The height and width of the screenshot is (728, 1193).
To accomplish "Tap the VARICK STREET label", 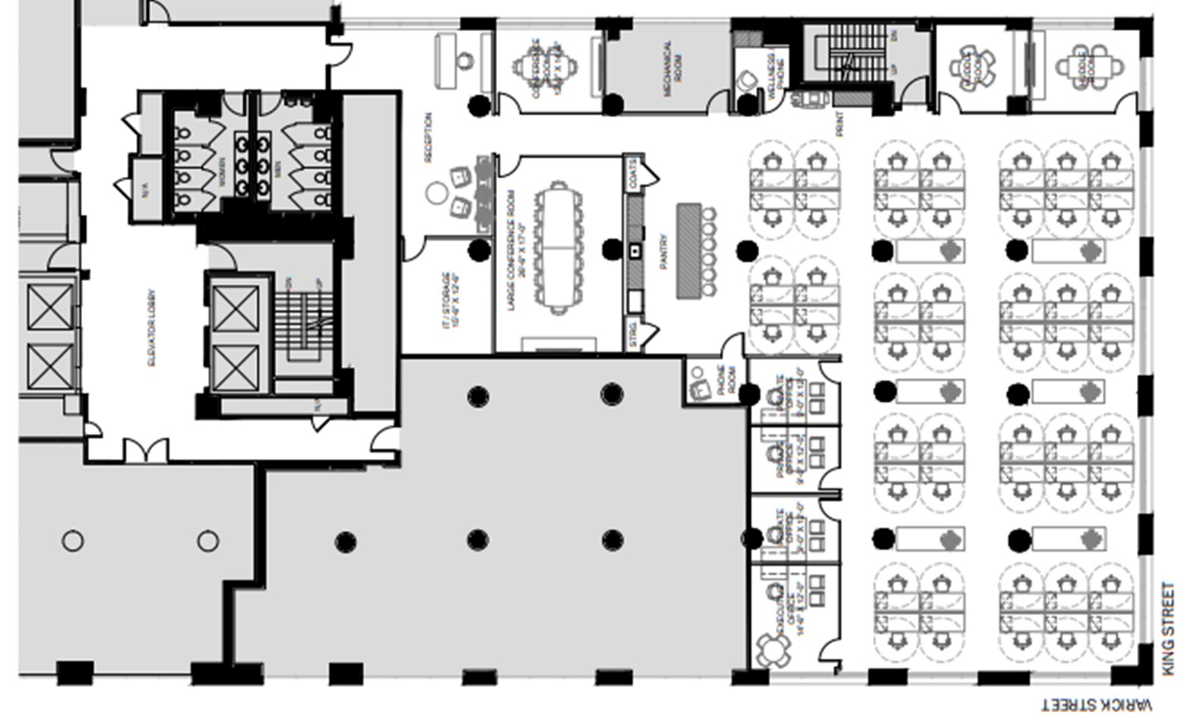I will pos(1096,705).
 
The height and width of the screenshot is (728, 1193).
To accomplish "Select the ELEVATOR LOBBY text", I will pos(151,328).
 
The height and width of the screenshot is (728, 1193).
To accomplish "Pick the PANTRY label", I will pos(664,251).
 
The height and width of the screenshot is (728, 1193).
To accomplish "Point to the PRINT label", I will pos(840,124).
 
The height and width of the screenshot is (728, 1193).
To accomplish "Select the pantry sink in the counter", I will pos(634,251).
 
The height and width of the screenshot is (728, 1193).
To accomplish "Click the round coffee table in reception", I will pos(436,193).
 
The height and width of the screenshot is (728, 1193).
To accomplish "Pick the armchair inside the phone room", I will pos(698,390).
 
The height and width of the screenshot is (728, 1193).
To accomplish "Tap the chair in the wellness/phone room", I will pos(749,79).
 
